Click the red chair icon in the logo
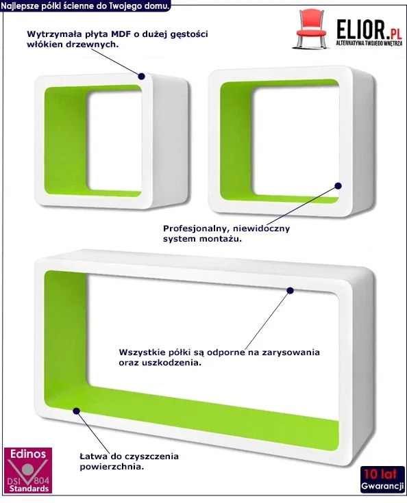click(310, 29)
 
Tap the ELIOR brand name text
click(360, 29)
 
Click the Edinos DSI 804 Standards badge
click(28, 470)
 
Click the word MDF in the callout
click(121, 34)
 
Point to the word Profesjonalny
click(196, 229)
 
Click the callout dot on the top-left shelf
click(141, 77)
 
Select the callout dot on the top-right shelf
click(338, 185)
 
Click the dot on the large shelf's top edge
click(290, 291)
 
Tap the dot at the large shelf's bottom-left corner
click(76, 411)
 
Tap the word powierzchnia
click(112, 467)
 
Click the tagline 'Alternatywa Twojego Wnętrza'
click(369, 43)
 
